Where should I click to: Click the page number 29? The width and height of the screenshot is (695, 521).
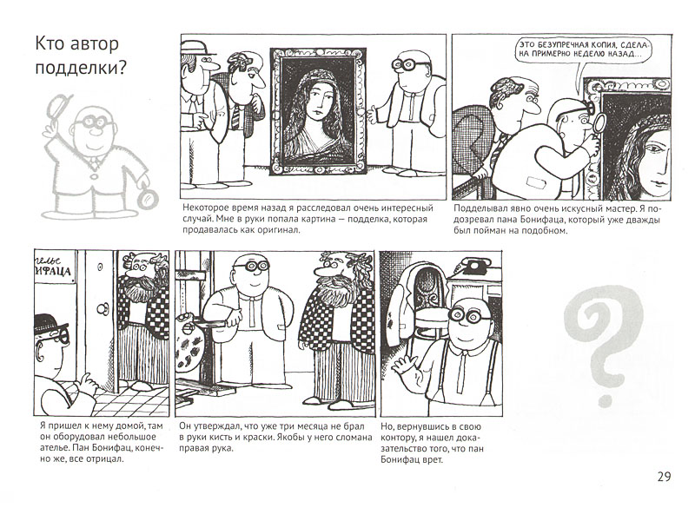[x=664, y=477]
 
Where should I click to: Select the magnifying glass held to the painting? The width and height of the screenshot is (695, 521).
[x=599, y=123]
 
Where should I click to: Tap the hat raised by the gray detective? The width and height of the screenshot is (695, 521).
[x=58, y=106]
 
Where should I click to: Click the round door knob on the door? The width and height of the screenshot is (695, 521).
[x=103, y=308]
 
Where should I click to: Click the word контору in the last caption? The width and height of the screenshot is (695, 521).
[x=397, y=439]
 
